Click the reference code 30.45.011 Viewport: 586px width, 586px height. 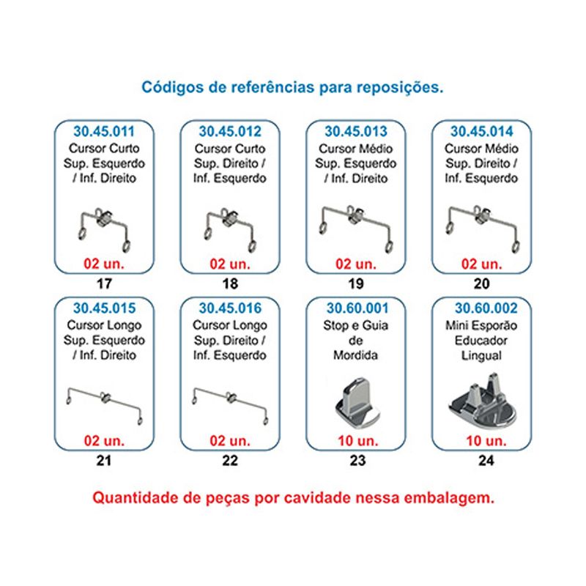tap(104, 132)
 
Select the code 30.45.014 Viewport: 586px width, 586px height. tap(482, 132)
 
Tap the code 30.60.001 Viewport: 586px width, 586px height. tap(357, 308)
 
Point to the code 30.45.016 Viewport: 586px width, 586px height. tap(230, 308)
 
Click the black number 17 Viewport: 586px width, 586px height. tap(104, 283)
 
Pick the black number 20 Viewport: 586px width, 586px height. tap(482, 283)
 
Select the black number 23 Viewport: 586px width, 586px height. tap(357, 461)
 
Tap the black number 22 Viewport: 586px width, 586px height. tap(230, 461)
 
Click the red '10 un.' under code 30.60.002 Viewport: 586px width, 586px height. tap(486, 441)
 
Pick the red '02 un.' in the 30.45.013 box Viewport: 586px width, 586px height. tap(356, 264)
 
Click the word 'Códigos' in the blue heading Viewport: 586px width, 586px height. tap(173, 87)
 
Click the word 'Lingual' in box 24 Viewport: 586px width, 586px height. tap(482, 355)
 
